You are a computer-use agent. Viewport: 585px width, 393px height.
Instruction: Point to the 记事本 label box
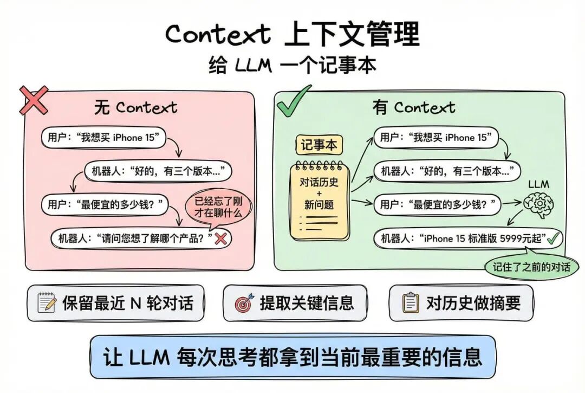pyautogui.click(x=319, y=145)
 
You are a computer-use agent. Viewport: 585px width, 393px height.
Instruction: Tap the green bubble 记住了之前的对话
pyautogui.click(x=531, y=267)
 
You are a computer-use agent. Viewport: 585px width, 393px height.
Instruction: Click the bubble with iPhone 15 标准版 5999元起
pyautogui.click(x=469, y=239)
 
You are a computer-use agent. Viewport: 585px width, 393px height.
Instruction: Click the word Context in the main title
pyautogui.click(x=218, y=35)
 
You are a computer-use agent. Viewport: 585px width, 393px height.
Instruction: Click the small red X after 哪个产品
pyautogui.click(x=220, y=238)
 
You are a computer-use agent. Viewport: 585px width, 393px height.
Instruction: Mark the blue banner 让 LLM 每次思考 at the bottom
pyautogui.click(x=292, y=357)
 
